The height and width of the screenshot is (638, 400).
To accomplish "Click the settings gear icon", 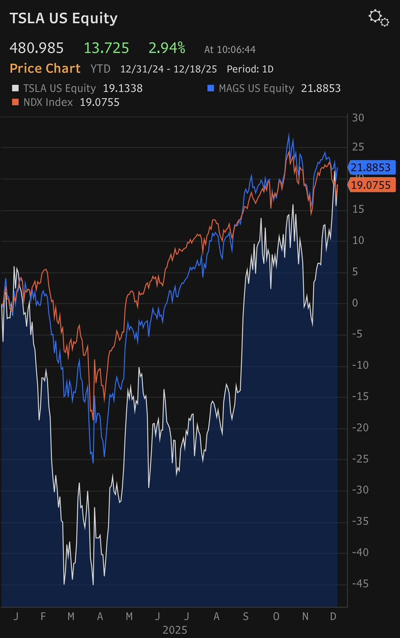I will click(379, 18).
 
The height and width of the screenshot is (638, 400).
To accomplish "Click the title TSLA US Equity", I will click(63, 19).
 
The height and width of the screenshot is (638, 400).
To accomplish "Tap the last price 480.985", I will click(37, 48).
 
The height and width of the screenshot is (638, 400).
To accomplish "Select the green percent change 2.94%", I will click(167, 48).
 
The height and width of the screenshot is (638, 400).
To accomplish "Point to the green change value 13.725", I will click(107, 48).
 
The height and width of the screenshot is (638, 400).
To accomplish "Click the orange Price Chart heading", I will click(45, 69).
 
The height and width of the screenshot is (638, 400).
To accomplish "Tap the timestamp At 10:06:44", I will click(230, 49).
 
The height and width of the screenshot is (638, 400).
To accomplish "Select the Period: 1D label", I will click(250, 69).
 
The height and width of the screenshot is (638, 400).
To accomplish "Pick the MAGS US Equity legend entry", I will click(256, 88).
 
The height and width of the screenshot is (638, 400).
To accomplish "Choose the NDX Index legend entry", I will click(47, 102).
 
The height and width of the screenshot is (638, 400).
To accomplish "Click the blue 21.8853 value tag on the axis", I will click(371, 167).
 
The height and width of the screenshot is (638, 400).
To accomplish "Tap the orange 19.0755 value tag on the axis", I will click(371, 185).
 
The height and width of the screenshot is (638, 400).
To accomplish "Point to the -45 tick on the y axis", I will click(360, 584).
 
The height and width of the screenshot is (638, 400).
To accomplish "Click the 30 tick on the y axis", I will click(358, 117).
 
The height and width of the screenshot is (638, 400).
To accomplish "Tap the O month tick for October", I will click(275, 616).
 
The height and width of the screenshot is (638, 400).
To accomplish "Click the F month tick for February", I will click(43, 616).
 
